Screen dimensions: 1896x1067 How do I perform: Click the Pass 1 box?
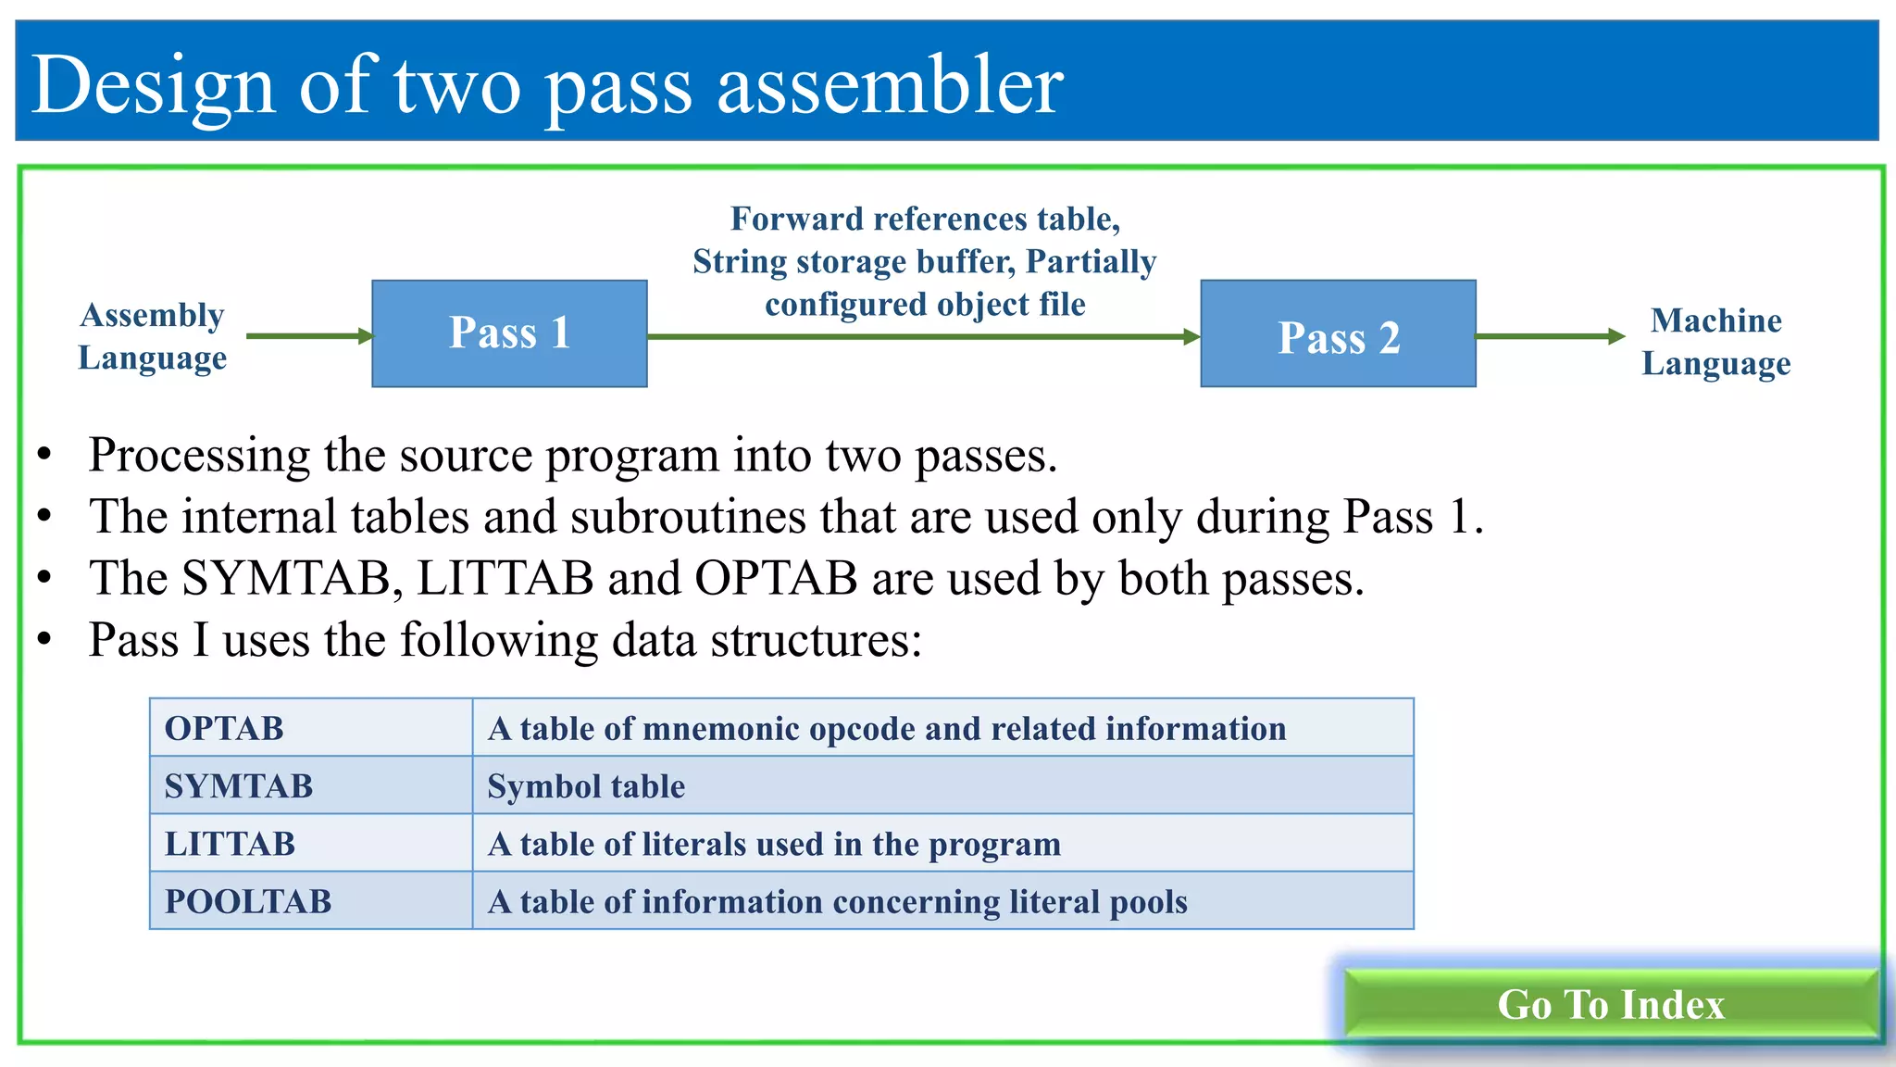(509, 333)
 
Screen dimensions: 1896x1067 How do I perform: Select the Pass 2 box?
(1338, 333)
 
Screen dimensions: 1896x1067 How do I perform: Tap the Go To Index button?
(1611, 1004)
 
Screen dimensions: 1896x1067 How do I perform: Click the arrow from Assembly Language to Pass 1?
(309, 335)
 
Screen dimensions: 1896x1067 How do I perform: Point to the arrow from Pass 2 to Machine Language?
(1550, 336)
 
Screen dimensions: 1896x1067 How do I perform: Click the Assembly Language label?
(153, 336)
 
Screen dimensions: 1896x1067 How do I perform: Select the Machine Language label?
(1715, 342)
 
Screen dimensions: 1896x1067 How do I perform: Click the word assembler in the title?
(891, 85)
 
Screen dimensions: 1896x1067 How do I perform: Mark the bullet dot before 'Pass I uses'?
(44, 640)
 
